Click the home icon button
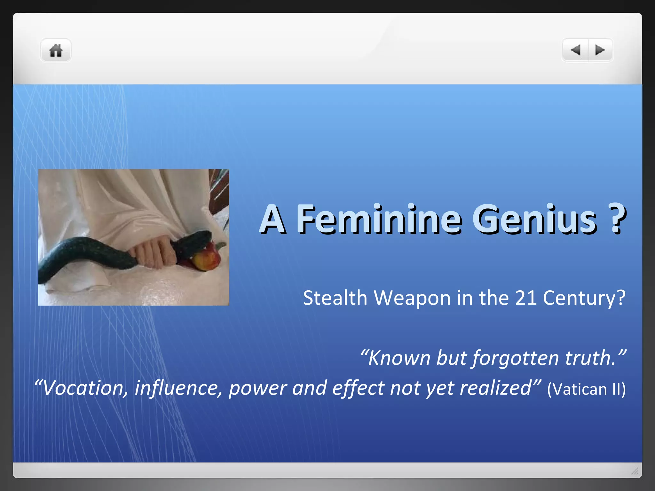[x=56, y=51]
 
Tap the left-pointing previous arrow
[x=576, y=50]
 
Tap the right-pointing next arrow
[x=600, y=50]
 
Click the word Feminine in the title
[x=379, y=219]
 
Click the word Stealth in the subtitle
[x=335, y=298]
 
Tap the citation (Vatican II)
[x=586, y=389]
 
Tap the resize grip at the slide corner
[x=635, y=471]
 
